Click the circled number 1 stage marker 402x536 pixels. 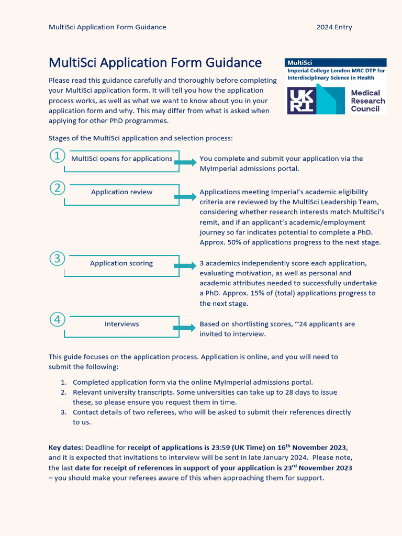[57, 155]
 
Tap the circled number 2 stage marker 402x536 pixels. [57, 188]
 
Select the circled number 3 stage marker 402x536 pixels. [57, 259]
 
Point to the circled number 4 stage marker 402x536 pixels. [57, 319]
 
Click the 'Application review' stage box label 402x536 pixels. [121, 192]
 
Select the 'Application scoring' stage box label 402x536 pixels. [121, 263]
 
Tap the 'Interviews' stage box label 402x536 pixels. [121, 324]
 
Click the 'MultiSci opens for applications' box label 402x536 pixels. [121, 159]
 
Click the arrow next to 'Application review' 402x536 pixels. [185, 197]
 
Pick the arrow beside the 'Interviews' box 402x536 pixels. [185, 328]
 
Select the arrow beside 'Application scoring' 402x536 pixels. [185, 266]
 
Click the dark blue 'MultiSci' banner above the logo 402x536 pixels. [336, 62]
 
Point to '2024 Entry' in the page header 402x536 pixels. [334, 27]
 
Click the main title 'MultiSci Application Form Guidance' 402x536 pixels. [155, 63]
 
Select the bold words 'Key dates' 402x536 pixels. [65, 448]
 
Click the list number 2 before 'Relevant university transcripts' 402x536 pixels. [63, 392]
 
